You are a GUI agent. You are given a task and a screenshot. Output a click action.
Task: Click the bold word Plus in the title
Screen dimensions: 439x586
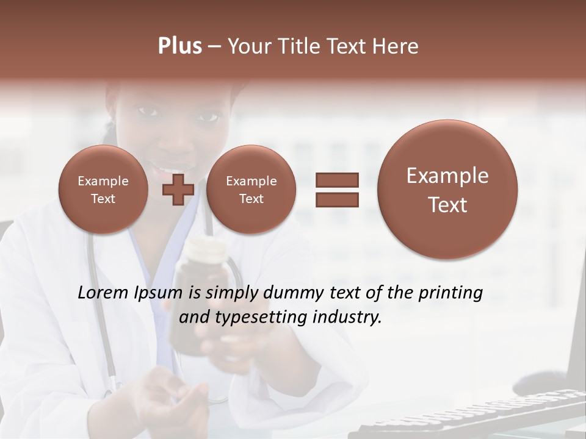pyautogui.click(x=179, y=46)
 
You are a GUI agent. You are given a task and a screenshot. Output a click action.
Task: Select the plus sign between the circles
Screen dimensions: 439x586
pyautogui.click(x=178, y=189)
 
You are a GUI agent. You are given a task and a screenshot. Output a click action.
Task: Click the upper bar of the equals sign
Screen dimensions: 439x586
pyautogui.click(x=337, y=180)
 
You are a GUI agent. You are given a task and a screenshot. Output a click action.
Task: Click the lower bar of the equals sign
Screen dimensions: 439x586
pyautogui.click(x=337, y=199)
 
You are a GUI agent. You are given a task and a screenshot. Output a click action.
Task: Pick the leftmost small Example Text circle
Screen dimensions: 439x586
pyautogui.click(x=103, y=189)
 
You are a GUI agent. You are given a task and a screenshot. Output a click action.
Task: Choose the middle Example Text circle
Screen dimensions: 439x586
pyautogui.click(x=251, y=189)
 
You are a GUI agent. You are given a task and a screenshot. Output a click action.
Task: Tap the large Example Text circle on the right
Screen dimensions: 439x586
pyautogui.click(x=447, y=190)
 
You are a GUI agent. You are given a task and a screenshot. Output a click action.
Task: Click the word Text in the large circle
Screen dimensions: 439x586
pyautogui.click(x=447, y=205)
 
